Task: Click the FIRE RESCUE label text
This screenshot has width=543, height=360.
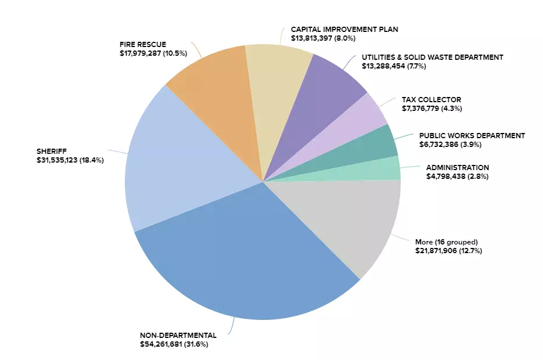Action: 143,44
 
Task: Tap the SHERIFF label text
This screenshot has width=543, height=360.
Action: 52,152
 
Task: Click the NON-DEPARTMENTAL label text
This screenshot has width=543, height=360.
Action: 178,335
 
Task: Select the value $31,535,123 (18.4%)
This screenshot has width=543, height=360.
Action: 70,160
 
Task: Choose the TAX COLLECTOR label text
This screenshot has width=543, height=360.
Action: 431,99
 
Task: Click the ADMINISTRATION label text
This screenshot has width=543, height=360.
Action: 458,167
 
